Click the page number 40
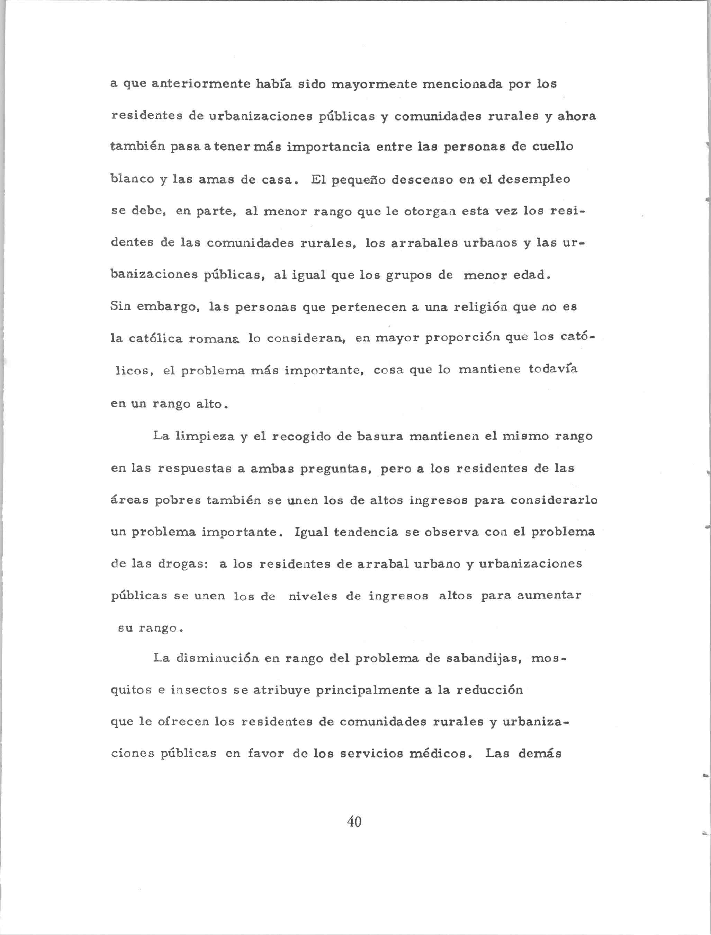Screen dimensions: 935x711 click(x=354, y=821)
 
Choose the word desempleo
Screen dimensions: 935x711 click(x=534, y=179)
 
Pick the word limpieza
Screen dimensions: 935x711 click(x=205, y=436)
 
